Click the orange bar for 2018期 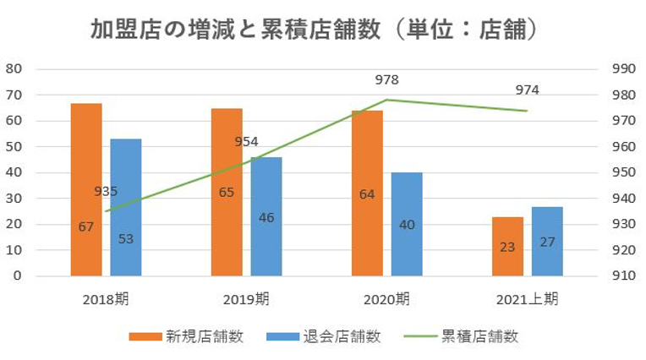pyautogui.click(x=86, y=189)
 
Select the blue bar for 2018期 pyautogui.click(x=125, y=207)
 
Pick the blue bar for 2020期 pyautogui.click(x=407, y=224)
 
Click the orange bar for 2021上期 pyautogui.click(x=507, y=246)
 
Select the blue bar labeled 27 pyautogui.click(x=547, y=241)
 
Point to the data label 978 pyautogui.click(x=387, y=80)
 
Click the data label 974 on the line pyautogui.click(x=528, y=90)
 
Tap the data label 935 pyautogui.click(x=106, y=191)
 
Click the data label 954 pyautogui.click(x=246, y=141)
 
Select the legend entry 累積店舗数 pyautogui.click(x=462, y=336)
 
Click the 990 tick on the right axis pyautogui.click(x=621, y=68)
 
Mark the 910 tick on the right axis pyautogui.click(x=621, y=276)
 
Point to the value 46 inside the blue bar pyautogui.click(x=266, y=217)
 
